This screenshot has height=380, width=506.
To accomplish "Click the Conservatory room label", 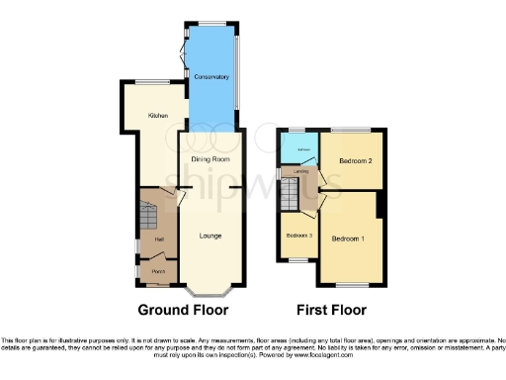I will (211, 76).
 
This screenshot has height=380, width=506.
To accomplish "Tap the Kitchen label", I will (156, 116).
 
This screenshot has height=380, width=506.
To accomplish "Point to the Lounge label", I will (210, 236).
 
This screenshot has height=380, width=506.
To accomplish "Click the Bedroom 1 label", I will (348, 239).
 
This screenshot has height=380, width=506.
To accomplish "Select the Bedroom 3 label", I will (299, 236).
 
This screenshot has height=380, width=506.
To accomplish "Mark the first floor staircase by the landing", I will (290, 194).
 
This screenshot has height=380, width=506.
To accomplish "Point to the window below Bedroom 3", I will (296, 259).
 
